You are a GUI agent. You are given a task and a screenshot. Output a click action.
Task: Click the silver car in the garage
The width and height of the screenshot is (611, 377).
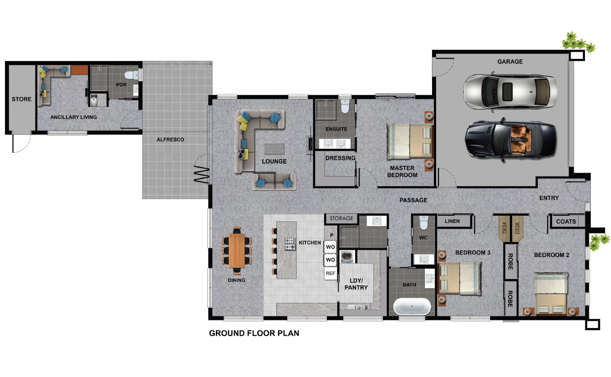[510, 91]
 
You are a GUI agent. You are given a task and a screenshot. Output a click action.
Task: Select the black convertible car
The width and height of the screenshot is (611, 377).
[511, 140]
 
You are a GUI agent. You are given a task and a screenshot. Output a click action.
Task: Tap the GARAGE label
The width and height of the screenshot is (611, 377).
[510, 62]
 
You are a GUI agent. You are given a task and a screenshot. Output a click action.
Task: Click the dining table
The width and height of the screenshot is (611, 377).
[237, 251]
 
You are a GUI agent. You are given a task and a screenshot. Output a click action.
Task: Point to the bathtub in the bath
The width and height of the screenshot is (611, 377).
[412, 306]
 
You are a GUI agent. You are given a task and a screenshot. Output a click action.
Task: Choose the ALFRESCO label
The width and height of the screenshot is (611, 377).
[170, 140]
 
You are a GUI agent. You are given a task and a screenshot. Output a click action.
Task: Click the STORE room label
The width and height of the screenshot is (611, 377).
[22, 99]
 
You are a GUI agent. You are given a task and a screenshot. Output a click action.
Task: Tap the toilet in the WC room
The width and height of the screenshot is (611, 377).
[424, 222]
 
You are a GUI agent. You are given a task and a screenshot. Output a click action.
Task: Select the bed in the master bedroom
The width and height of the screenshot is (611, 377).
[410, 141]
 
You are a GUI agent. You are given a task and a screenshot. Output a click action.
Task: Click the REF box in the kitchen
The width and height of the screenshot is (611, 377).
[330, 273]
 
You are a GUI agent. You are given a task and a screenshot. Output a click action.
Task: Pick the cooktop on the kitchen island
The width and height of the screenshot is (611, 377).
[290, 244]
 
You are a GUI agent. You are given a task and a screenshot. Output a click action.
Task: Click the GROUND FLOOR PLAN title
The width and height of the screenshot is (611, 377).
[254, 333]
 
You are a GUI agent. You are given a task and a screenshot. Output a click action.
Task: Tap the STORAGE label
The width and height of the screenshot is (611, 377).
[341, 218]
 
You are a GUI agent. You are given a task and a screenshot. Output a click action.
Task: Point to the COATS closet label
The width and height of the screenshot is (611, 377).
[566, 222]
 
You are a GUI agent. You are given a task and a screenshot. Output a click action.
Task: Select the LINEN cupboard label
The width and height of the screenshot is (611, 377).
[452, 221]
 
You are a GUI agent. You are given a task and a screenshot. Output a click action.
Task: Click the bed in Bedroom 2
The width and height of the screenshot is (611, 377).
[551, 293]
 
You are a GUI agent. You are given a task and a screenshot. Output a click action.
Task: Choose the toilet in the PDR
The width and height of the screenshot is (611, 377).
[132, 75]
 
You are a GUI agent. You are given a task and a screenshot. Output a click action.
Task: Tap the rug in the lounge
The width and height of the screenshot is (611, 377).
[274, 149]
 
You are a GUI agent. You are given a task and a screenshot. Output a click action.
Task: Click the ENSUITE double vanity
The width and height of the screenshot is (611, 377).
[334, 144]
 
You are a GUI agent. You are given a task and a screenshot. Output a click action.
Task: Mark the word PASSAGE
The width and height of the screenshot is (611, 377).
[413, 200]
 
